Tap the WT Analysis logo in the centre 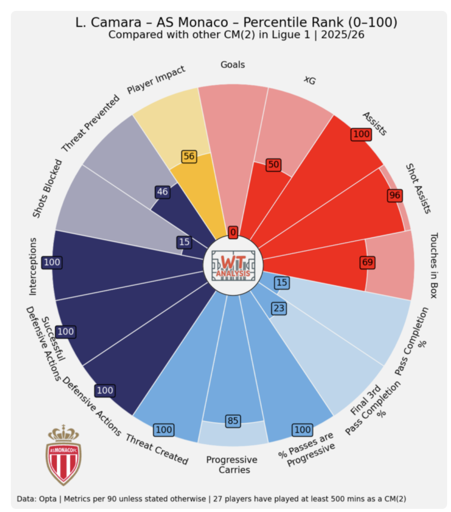pyautogui.click(x=233, y=265)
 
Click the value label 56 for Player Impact pyautogui.click(x=189, y=156)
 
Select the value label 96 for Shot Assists pyautogui.click(x=395, y=195)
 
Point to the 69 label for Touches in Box pyautogui.click(x=367, y=262)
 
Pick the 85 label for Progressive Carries pyautogui.click(x=233, y=421)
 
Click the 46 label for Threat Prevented pyautogui.click(x=162, y=192)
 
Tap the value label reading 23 pyautogui.click(x=279, y=309)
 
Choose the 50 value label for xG pyautogui.click(x=273, y=164)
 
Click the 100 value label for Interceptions pyautogui.click(x=52, y=262)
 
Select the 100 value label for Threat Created pyautogui.click(x=164, y=430)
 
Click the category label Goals pyautogui.click(x=233, y=65)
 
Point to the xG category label pyautogui.click(x=310, y=80)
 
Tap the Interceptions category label pyautogui.click(x=33, y=267)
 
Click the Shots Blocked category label pyautogui.click(x=47, y=189)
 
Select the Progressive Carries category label pyautogui.click(x=232, y=464)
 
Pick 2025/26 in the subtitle pyautogui.click(x=343, y=35)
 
